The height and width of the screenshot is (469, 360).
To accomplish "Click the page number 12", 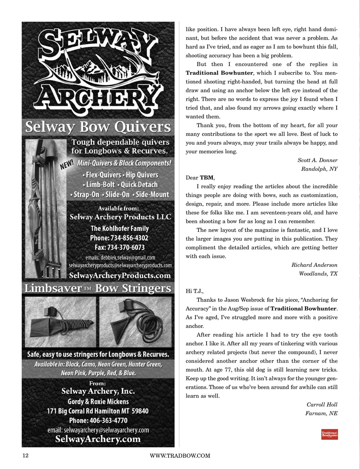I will point(26,455).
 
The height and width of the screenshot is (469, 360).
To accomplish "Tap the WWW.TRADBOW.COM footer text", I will point(180,456).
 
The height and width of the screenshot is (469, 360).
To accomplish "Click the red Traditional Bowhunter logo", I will point(329,434).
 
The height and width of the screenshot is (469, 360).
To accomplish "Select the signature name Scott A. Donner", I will point(317,160).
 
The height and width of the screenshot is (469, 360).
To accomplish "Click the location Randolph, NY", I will point(319,169).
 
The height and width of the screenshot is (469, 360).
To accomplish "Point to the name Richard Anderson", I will point(314,265).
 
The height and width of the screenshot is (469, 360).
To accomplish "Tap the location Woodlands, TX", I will point(318,274).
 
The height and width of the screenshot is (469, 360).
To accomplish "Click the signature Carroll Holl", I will point(322,405).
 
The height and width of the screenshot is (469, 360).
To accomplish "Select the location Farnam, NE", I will point(321,413).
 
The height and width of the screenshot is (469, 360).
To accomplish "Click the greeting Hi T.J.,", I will point(194,291).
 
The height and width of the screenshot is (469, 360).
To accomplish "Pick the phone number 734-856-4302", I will point(129,238).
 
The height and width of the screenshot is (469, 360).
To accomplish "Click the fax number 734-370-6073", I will point(126,247).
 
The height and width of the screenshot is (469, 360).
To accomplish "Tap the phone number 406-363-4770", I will point(108,420).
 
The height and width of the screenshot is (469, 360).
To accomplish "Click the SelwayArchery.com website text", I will point(98,439).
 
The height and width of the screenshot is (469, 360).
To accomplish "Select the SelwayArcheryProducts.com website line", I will point(120,275).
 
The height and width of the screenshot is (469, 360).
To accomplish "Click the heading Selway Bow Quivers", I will point(98,127).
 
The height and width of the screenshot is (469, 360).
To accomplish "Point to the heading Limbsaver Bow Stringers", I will point(98,288).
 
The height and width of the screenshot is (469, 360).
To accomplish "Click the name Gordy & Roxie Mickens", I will point(98,401).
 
